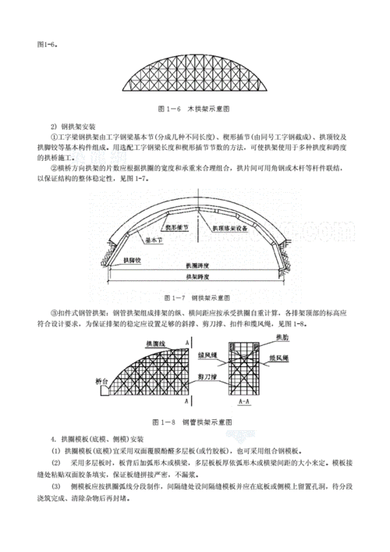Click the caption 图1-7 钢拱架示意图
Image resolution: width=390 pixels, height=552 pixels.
pyautogui.click(x=195, y=297)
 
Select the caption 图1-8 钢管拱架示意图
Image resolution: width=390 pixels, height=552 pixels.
pyautogui.click(x=195, y=422)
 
